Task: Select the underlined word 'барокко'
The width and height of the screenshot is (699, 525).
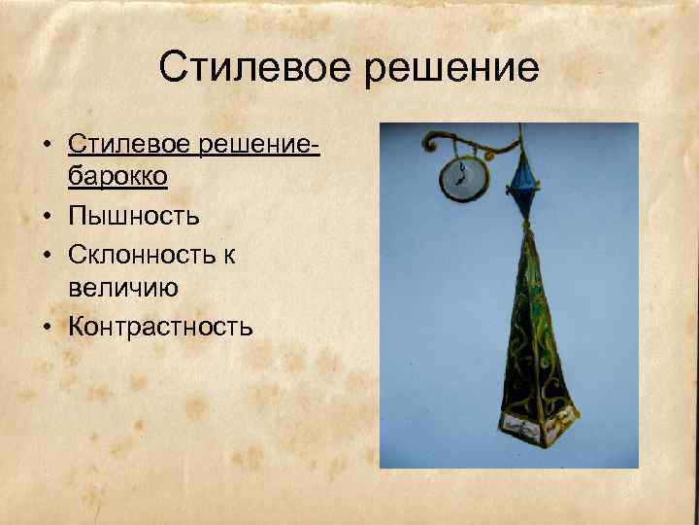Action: click(117, 178)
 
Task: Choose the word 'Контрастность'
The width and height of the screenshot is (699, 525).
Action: click(160, 326)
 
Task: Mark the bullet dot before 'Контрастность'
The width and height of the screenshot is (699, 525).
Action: click(47, 327)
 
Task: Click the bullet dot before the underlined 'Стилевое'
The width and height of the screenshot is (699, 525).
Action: click(47, 145)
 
